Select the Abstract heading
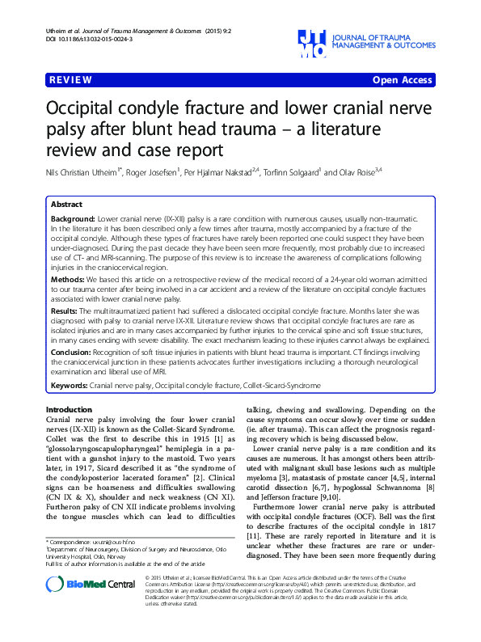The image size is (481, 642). pos(67,205)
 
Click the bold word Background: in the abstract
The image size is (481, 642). pos(73,219)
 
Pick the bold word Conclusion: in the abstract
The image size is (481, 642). pos(73,353)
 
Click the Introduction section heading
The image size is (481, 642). pos(69,410)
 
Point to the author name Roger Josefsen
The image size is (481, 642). pos(152,172)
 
